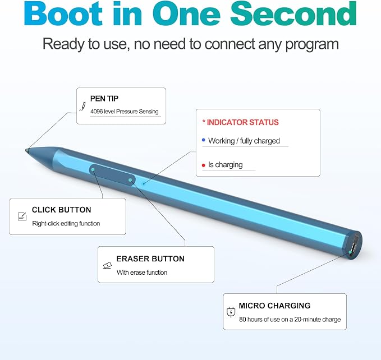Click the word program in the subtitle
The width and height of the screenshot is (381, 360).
(312, 45)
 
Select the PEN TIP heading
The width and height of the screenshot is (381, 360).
(104, 99)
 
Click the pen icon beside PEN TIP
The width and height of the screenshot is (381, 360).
(82, 107)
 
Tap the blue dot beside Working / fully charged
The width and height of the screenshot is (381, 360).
(204, 140)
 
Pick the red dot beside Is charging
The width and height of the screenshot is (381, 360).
(204, 165)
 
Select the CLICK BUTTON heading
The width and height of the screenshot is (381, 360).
(62, 210)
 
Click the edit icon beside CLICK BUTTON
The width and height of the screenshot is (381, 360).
(22, 216)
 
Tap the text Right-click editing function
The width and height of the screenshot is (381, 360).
(66, 223)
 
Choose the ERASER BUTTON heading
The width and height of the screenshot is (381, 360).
(150, 259)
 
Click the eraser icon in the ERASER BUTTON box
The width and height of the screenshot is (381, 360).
(107, 266)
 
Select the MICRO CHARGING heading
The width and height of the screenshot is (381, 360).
(274, 306)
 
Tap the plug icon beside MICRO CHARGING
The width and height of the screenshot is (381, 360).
(231, 312)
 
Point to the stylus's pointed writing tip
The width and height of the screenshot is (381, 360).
(27, 150)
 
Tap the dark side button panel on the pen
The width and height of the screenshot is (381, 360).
(112, 175)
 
